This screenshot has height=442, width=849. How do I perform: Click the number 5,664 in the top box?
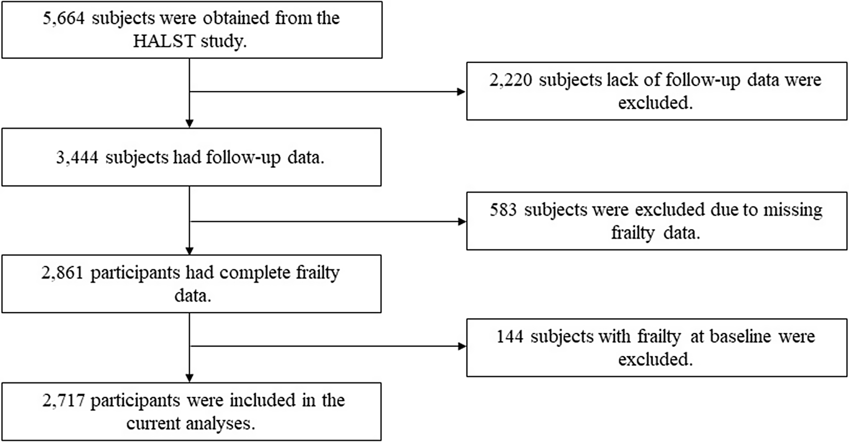pos(64,18)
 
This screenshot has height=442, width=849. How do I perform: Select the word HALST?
pos(164,41)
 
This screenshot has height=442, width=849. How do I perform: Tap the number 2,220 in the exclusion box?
pos(510,80)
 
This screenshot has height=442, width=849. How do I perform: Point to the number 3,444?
pos(77,158)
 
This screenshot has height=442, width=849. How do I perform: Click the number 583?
pos(503,209)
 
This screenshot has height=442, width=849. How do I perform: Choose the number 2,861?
pos(62,273)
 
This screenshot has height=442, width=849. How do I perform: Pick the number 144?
pos(510,336)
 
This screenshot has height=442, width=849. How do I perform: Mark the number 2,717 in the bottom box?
pos(64,401)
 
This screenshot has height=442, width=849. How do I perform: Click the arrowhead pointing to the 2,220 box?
pos(462,92)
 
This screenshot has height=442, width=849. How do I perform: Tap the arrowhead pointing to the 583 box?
pos(462,221)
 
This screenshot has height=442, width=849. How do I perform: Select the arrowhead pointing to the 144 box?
pos(462,346)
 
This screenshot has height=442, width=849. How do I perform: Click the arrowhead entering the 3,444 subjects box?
pos(190,124)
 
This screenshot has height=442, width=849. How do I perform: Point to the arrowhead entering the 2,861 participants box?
pos(190,251)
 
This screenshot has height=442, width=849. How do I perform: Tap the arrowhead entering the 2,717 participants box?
pos(190,378)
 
